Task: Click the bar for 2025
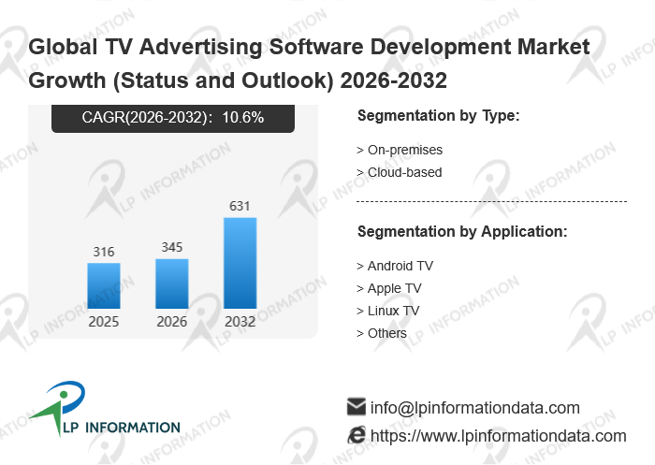[104, 285]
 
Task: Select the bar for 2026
[172, 283]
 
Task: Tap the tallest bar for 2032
[240, 263]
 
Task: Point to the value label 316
[104, 252]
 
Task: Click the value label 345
[172, 248]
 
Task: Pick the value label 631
[240, 206]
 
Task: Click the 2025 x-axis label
[104, 322]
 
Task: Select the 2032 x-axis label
[240, 322]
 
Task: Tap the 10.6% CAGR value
[244, 117]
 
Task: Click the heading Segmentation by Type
[438, 115]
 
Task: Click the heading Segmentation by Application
[462, 231]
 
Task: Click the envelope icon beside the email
[356, 407]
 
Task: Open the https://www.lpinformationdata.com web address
[499, 436]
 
